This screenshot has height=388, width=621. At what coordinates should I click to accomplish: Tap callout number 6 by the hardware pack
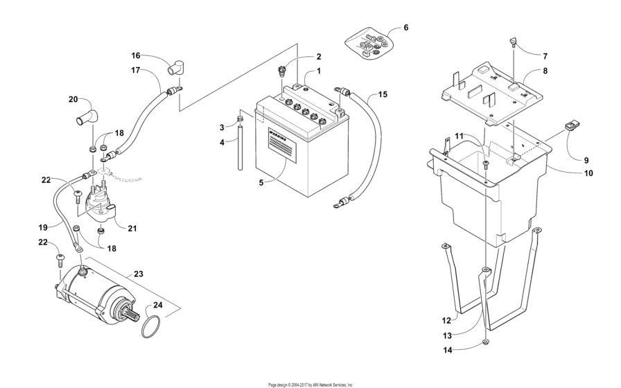[x=405, y=28]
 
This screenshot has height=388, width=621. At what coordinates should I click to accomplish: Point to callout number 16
[x=136, y=55]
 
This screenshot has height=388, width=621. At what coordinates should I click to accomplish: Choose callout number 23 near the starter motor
[x=138, y=274]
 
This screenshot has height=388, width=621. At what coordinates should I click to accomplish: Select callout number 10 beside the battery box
[x=588, y=173]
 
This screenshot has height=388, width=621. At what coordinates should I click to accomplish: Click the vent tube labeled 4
[x=241, y=148]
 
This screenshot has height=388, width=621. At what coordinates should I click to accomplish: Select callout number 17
[x=136, y=70]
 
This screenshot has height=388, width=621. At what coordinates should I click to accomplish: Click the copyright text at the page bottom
[x=310, y=384]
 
